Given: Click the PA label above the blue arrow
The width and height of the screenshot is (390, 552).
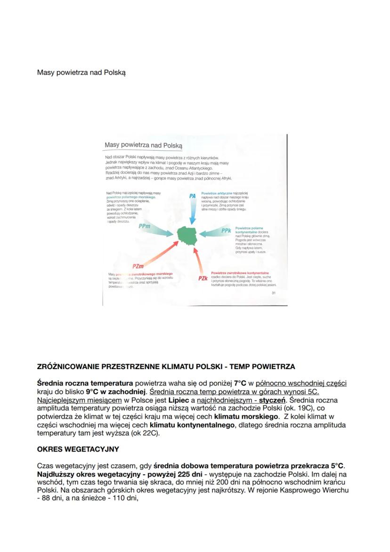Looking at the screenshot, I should pos(192,196).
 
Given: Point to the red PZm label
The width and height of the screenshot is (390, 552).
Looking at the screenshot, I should pos(138,267).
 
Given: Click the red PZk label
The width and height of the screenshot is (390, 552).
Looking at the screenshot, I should pos(203,278).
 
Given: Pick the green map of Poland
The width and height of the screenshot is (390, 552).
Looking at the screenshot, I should pos(188,234).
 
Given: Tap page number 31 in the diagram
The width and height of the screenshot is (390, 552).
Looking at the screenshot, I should pos(274,293).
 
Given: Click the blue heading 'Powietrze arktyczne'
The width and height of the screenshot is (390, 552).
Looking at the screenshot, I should pos(216,193).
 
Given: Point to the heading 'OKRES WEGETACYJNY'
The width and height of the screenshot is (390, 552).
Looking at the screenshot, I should pos(78,449).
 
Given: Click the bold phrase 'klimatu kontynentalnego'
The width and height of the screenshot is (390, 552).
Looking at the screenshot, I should pos(192,425).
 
